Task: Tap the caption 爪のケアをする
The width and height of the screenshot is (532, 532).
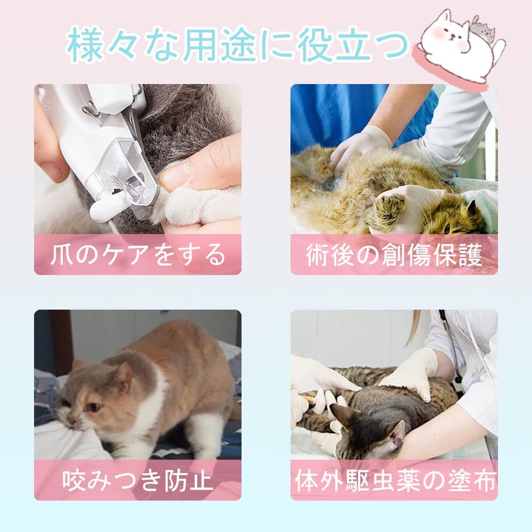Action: point(138,254)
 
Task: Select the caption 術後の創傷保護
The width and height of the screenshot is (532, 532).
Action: point(394,254)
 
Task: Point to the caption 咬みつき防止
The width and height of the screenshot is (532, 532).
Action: point(138,480)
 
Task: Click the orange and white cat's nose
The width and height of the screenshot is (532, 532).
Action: point(72,420)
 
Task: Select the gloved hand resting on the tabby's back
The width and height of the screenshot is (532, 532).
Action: point(411,374)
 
